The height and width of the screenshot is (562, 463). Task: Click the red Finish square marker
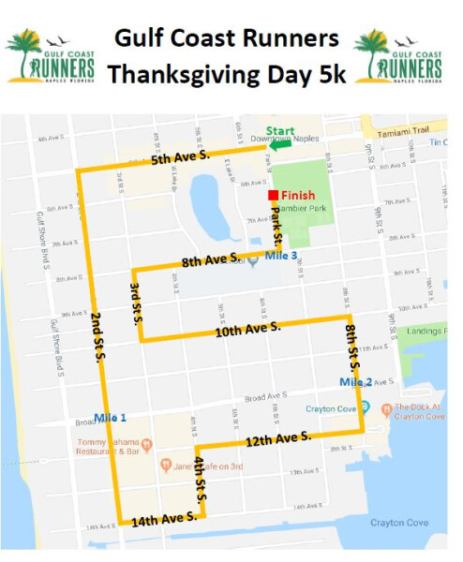tap(272, 195)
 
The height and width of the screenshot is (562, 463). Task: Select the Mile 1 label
tap(112, 417)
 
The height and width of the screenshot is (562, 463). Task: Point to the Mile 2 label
tap(355, 382)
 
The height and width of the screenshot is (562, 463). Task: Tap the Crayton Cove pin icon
tap(364, 407)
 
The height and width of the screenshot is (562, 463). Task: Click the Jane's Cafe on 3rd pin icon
tap(166, 465)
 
